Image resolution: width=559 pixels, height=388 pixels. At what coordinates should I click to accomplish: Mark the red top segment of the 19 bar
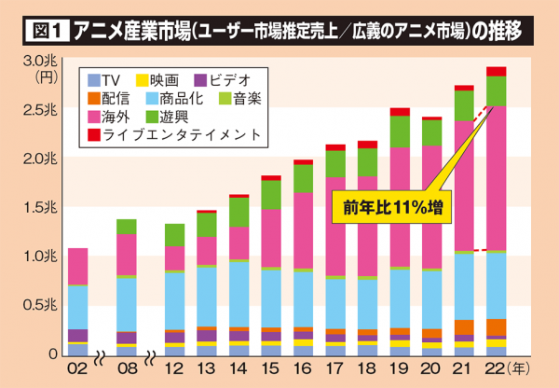tap(401, 112)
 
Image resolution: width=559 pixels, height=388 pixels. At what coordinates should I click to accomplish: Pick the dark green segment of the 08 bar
tap(126, 227)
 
